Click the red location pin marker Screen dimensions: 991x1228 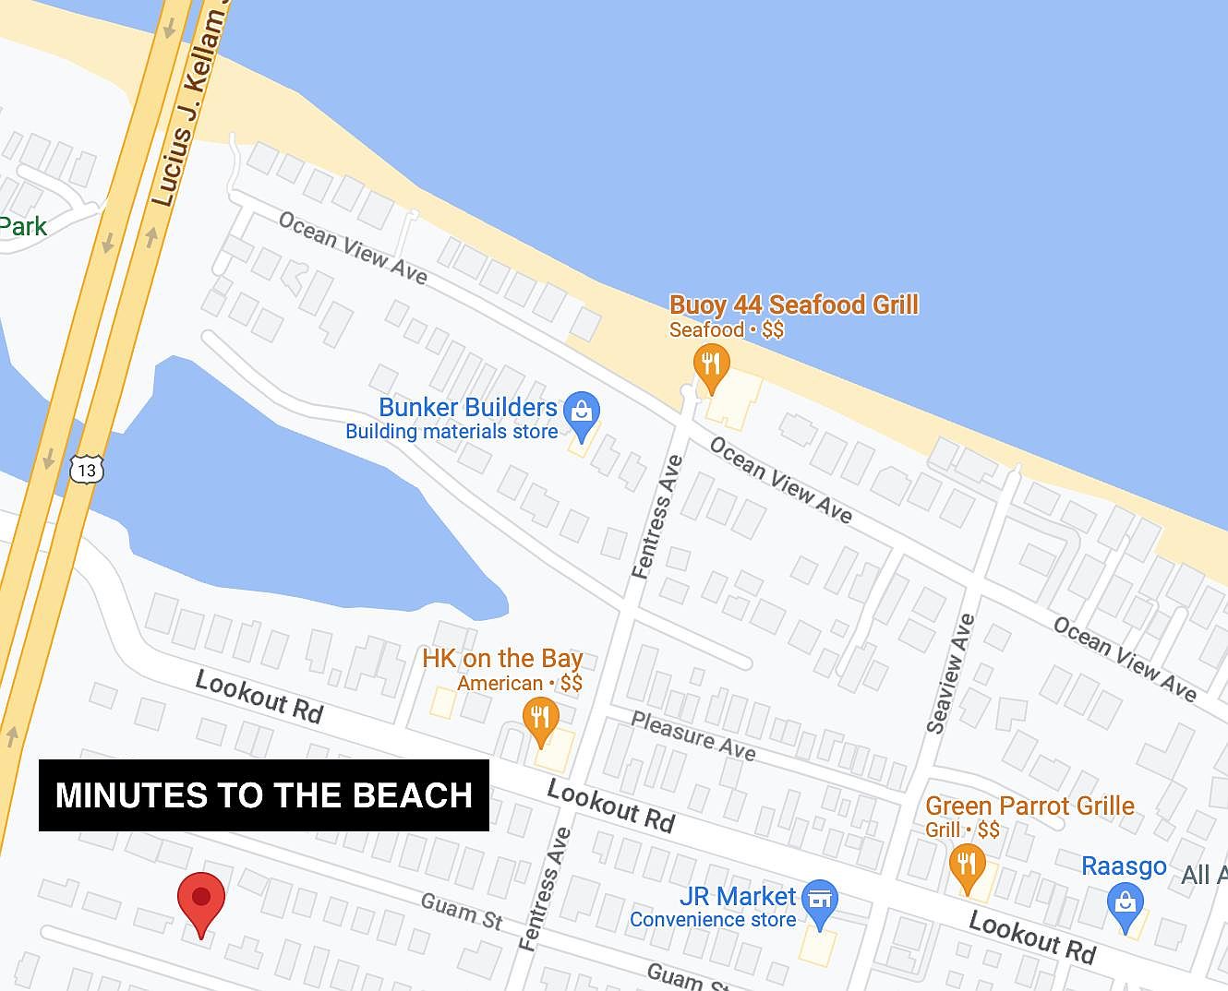pyautogui.click(x=200, y=899)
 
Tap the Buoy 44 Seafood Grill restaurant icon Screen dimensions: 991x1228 pyautogui.click(x=711, y=364)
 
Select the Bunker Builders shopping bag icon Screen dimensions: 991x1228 pyautogui.click(x=582, y=412)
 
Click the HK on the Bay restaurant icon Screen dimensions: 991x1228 pyautogui.click(x=541, y=717)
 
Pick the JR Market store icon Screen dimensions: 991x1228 pyautogui.click(x=819, y=900)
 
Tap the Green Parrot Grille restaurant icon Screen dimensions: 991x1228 pyautogui.click(x=967, y=865)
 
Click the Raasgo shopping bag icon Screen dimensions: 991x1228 pyautogui.click(x=1125, y=902)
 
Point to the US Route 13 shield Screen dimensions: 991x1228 pyautogui.click(x=87, y=470)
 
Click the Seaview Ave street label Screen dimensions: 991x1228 pyautogui.click(x=950, y=674)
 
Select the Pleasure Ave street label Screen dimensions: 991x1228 pyautogui.click(x=693, y=735)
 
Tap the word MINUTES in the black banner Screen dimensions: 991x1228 pyautogui.click(x=130, y=795)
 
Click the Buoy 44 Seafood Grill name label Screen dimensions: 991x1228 pyautogui.click(x=793, y=304)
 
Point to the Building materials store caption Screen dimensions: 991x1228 pyautogui.click(x=451, y=431)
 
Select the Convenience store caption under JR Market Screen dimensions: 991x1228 pyautogui.click(x=712, y=919)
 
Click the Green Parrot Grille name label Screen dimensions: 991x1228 pyautogui.click(x=1029, y=806)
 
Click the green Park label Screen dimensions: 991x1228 pyautogui.click(x=22, y=227)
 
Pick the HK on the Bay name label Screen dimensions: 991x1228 pyautogui.click(x=502, y=658)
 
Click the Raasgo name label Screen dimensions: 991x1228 pyautogui.click(x=1124, y=866)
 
